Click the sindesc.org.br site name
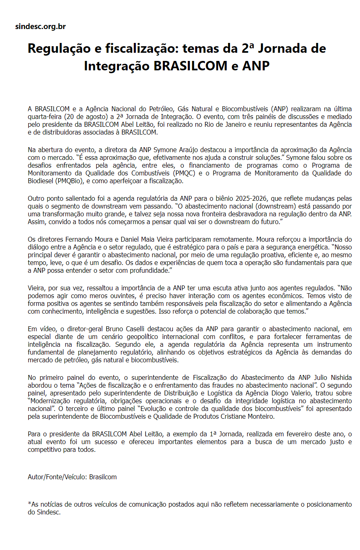(40, 27)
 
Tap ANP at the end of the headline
(256, 65)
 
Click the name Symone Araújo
(188, 150)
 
